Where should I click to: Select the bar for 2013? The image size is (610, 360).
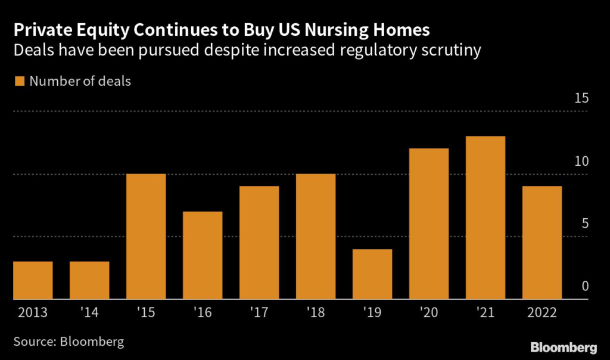pos(33,280)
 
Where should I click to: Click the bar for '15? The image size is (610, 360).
pos(146,237)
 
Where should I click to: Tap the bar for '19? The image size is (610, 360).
pos(372,274)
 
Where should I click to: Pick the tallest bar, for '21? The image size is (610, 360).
pos(485,218)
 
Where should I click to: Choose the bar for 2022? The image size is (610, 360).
pos(542,243)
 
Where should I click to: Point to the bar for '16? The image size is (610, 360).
pos(203,255)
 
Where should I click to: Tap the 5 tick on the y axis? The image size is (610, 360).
pos(585,224)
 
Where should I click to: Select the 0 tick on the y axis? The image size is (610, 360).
pos(585,287)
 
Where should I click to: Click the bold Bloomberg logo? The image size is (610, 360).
pos(564,346)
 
